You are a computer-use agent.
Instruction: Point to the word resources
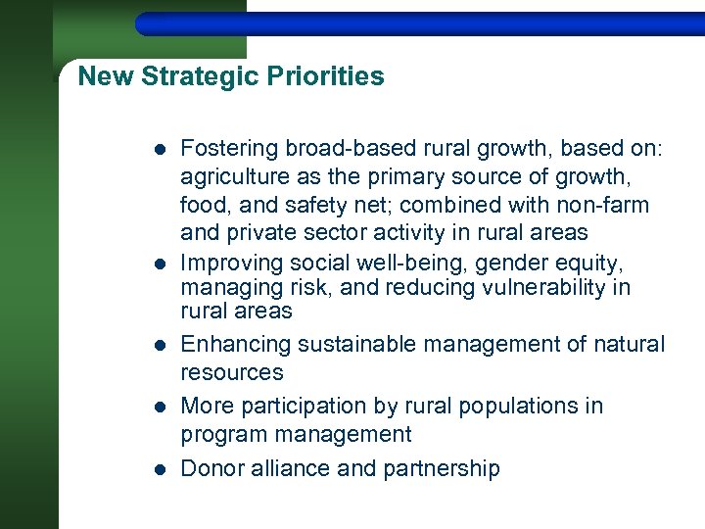[x=232, y=373]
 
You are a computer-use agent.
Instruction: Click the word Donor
[x=208, y=469]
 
